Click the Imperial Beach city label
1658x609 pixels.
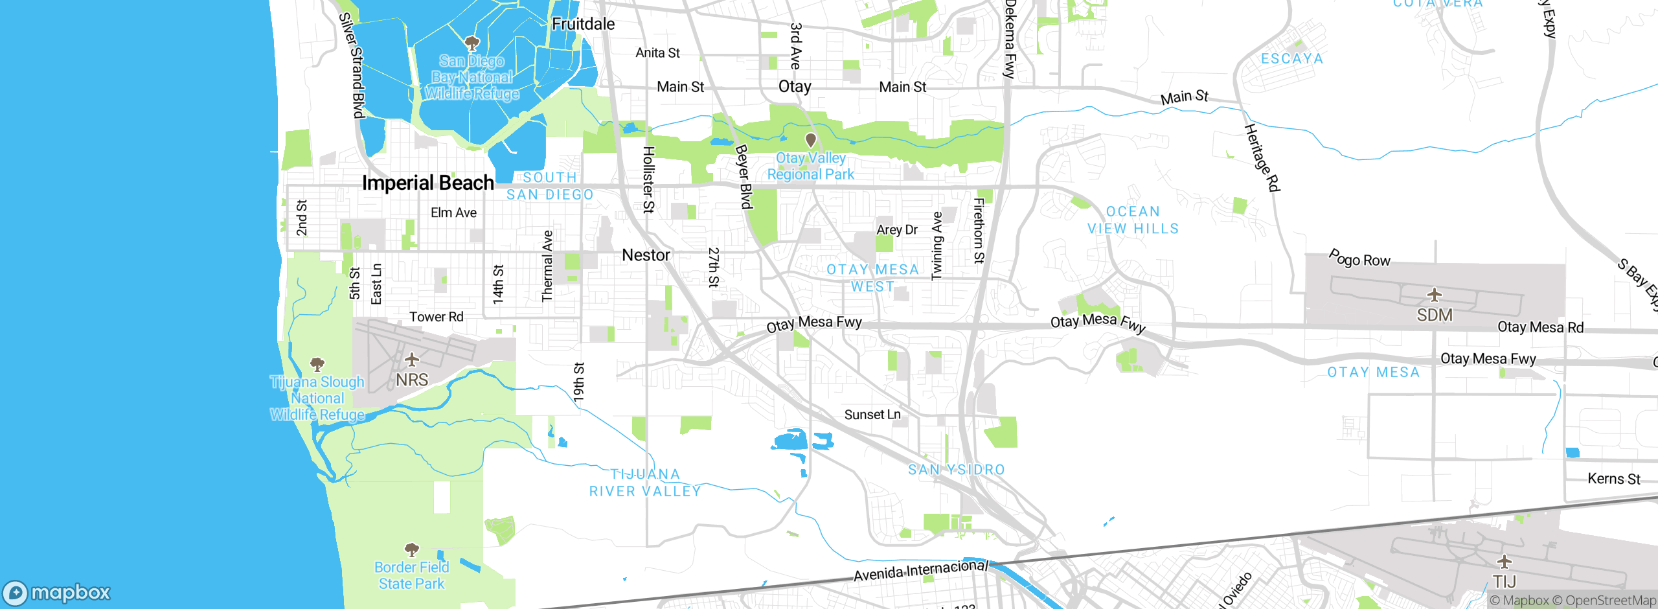[x=427, y=183]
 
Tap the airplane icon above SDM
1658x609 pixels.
[x=1435, y=295]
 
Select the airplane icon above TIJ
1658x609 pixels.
[x=1504, y=561]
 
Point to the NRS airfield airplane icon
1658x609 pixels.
[x=411, y=359]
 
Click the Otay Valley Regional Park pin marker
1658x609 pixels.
[x=810, y=140]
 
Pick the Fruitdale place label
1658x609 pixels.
[x=583, y=24]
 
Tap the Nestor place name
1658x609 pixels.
[x=646, y=255]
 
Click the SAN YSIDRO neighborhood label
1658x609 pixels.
[x=956, y=470]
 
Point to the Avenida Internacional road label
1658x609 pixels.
[x=920, y=571]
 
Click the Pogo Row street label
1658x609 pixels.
[x=1359, y=259]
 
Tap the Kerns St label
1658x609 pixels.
[x=1613, y=479]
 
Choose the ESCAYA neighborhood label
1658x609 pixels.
[x=1291, y=59]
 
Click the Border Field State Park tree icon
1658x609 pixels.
[x=411, y=550]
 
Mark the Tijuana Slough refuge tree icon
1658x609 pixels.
[x=317, y=363]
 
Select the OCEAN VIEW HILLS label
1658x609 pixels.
[x=1133, y=220]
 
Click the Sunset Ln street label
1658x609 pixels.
[x=872, y=415]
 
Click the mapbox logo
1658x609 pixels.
[x=57, y=593]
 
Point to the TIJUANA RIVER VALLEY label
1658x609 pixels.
[x=645, y=483]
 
